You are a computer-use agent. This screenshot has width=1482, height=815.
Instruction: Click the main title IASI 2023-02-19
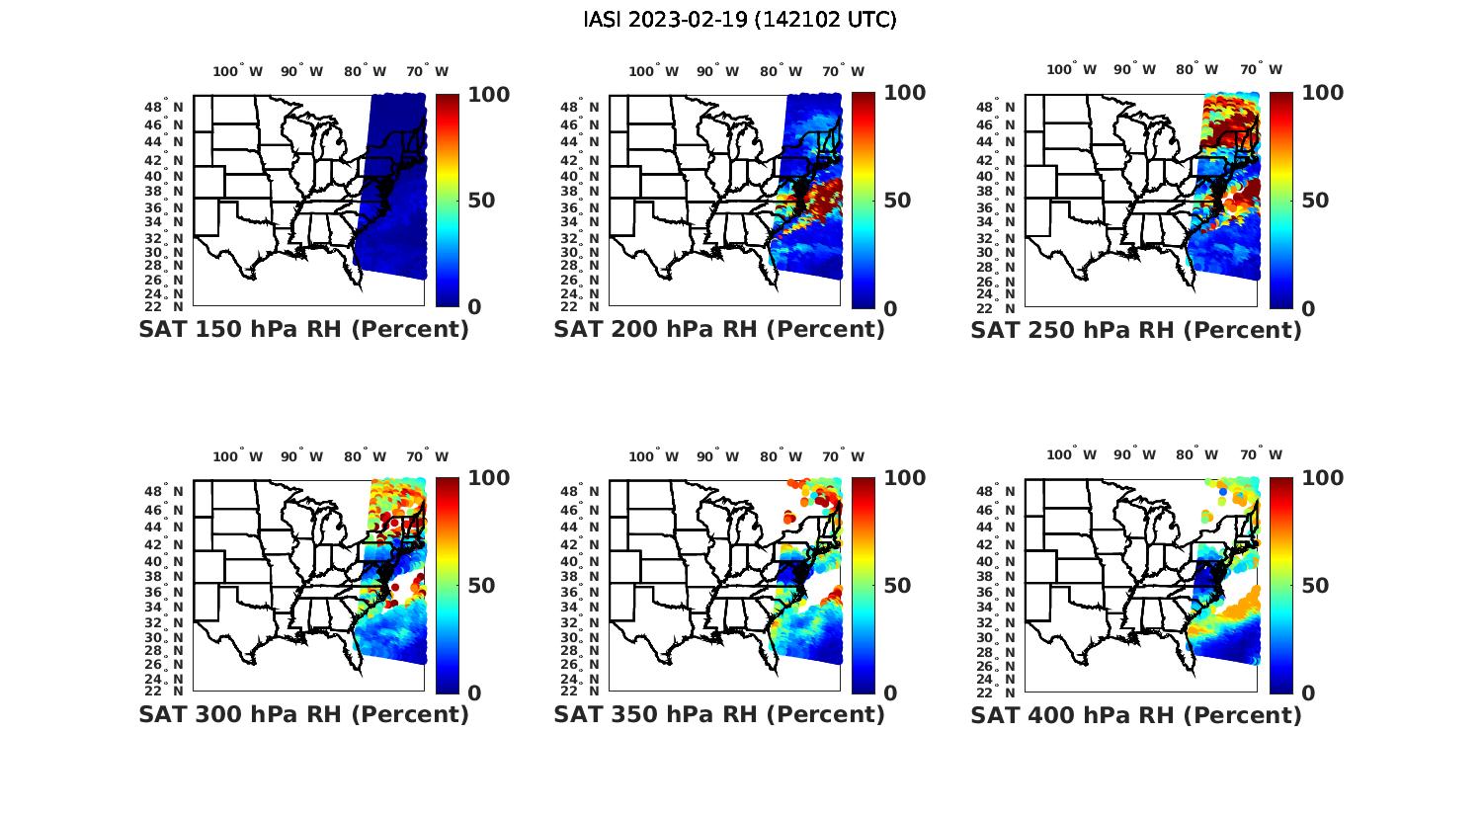[740, 20]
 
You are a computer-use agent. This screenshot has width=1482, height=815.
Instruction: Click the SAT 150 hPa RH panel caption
[303, 330]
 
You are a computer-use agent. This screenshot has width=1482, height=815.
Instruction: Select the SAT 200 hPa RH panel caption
[719, 330]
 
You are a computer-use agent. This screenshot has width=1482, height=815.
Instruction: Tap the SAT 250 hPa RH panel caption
[1136, 330]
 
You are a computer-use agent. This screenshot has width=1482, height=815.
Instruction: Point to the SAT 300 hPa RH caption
[303, 714]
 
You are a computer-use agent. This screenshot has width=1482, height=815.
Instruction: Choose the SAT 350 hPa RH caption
[719, 714]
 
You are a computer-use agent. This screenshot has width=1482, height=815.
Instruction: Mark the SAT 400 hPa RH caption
[1136, 714]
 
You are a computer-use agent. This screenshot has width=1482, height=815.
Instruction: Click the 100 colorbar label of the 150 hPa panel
[488, 94]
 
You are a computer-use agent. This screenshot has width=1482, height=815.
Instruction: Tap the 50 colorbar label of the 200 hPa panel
[897, 201]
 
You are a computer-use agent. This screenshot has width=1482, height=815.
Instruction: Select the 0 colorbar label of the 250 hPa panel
[1308, 308]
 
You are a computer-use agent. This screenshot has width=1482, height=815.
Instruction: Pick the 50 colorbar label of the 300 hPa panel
[481, 586]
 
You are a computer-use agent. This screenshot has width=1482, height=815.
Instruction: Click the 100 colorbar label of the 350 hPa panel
[904, 478]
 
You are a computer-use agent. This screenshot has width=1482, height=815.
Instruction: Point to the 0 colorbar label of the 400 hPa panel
[1308, 693]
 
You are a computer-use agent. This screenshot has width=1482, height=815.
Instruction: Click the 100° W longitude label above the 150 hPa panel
[238, 71]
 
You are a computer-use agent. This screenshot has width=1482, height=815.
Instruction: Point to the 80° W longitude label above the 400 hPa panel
[1196, 455]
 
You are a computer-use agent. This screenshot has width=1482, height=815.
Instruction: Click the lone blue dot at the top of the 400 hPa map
[1223, 491]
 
